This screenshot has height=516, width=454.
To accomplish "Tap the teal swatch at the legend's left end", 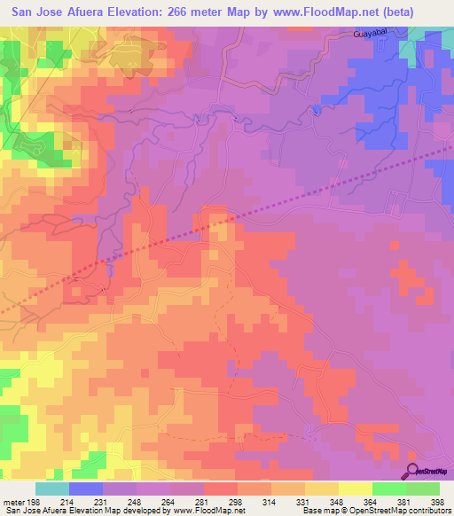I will (x=52, y=489).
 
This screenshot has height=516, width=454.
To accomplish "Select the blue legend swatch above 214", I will (x=86, y=489).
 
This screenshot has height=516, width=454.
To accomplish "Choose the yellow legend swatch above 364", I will (x=355, y=489).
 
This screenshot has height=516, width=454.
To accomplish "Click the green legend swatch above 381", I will (x=388, y=489).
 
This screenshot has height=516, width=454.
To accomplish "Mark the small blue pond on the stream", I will (x=315, y=110).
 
